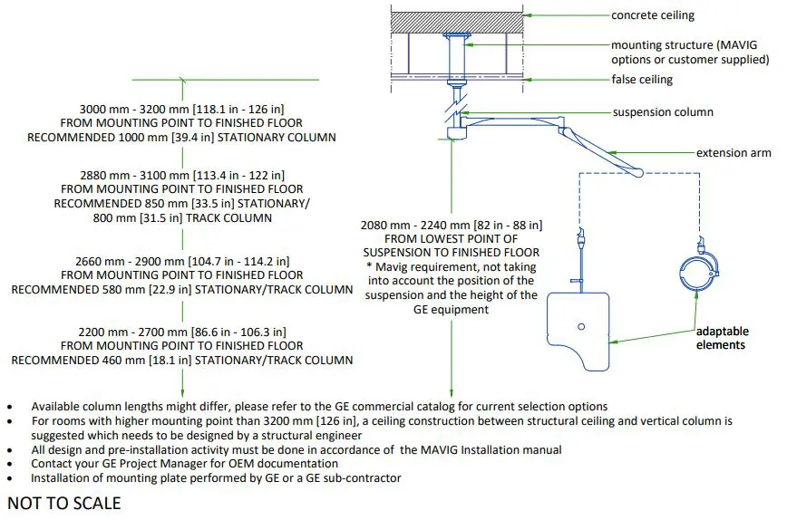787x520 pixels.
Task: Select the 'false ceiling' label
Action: click(x=642, y=80)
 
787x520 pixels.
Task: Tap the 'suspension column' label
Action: click(x=663, y=112)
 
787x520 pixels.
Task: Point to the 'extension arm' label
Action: click(x=734, y=153)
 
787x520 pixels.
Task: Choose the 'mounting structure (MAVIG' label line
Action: click(x=690, y=44)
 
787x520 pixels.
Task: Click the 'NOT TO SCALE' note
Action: click(x=63, y=503)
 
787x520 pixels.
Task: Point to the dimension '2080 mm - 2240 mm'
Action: click(x=452, y=224)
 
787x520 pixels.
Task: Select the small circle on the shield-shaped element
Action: click(x=580, y=325)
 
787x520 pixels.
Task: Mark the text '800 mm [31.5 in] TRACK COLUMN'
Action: click(x=182, y=218)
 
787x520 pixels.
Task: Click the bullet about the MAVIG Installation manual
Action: click(x=296, y=449)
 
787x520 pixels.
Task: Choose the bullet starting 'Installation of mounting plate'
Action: click(x=216, y=477)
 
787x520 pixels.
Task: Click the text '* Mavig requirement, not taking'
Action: click(x=452, y=267)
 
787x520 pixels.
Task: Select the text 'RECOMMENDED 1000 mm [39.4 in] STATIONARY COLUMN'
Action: click(x=182, y=137)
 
